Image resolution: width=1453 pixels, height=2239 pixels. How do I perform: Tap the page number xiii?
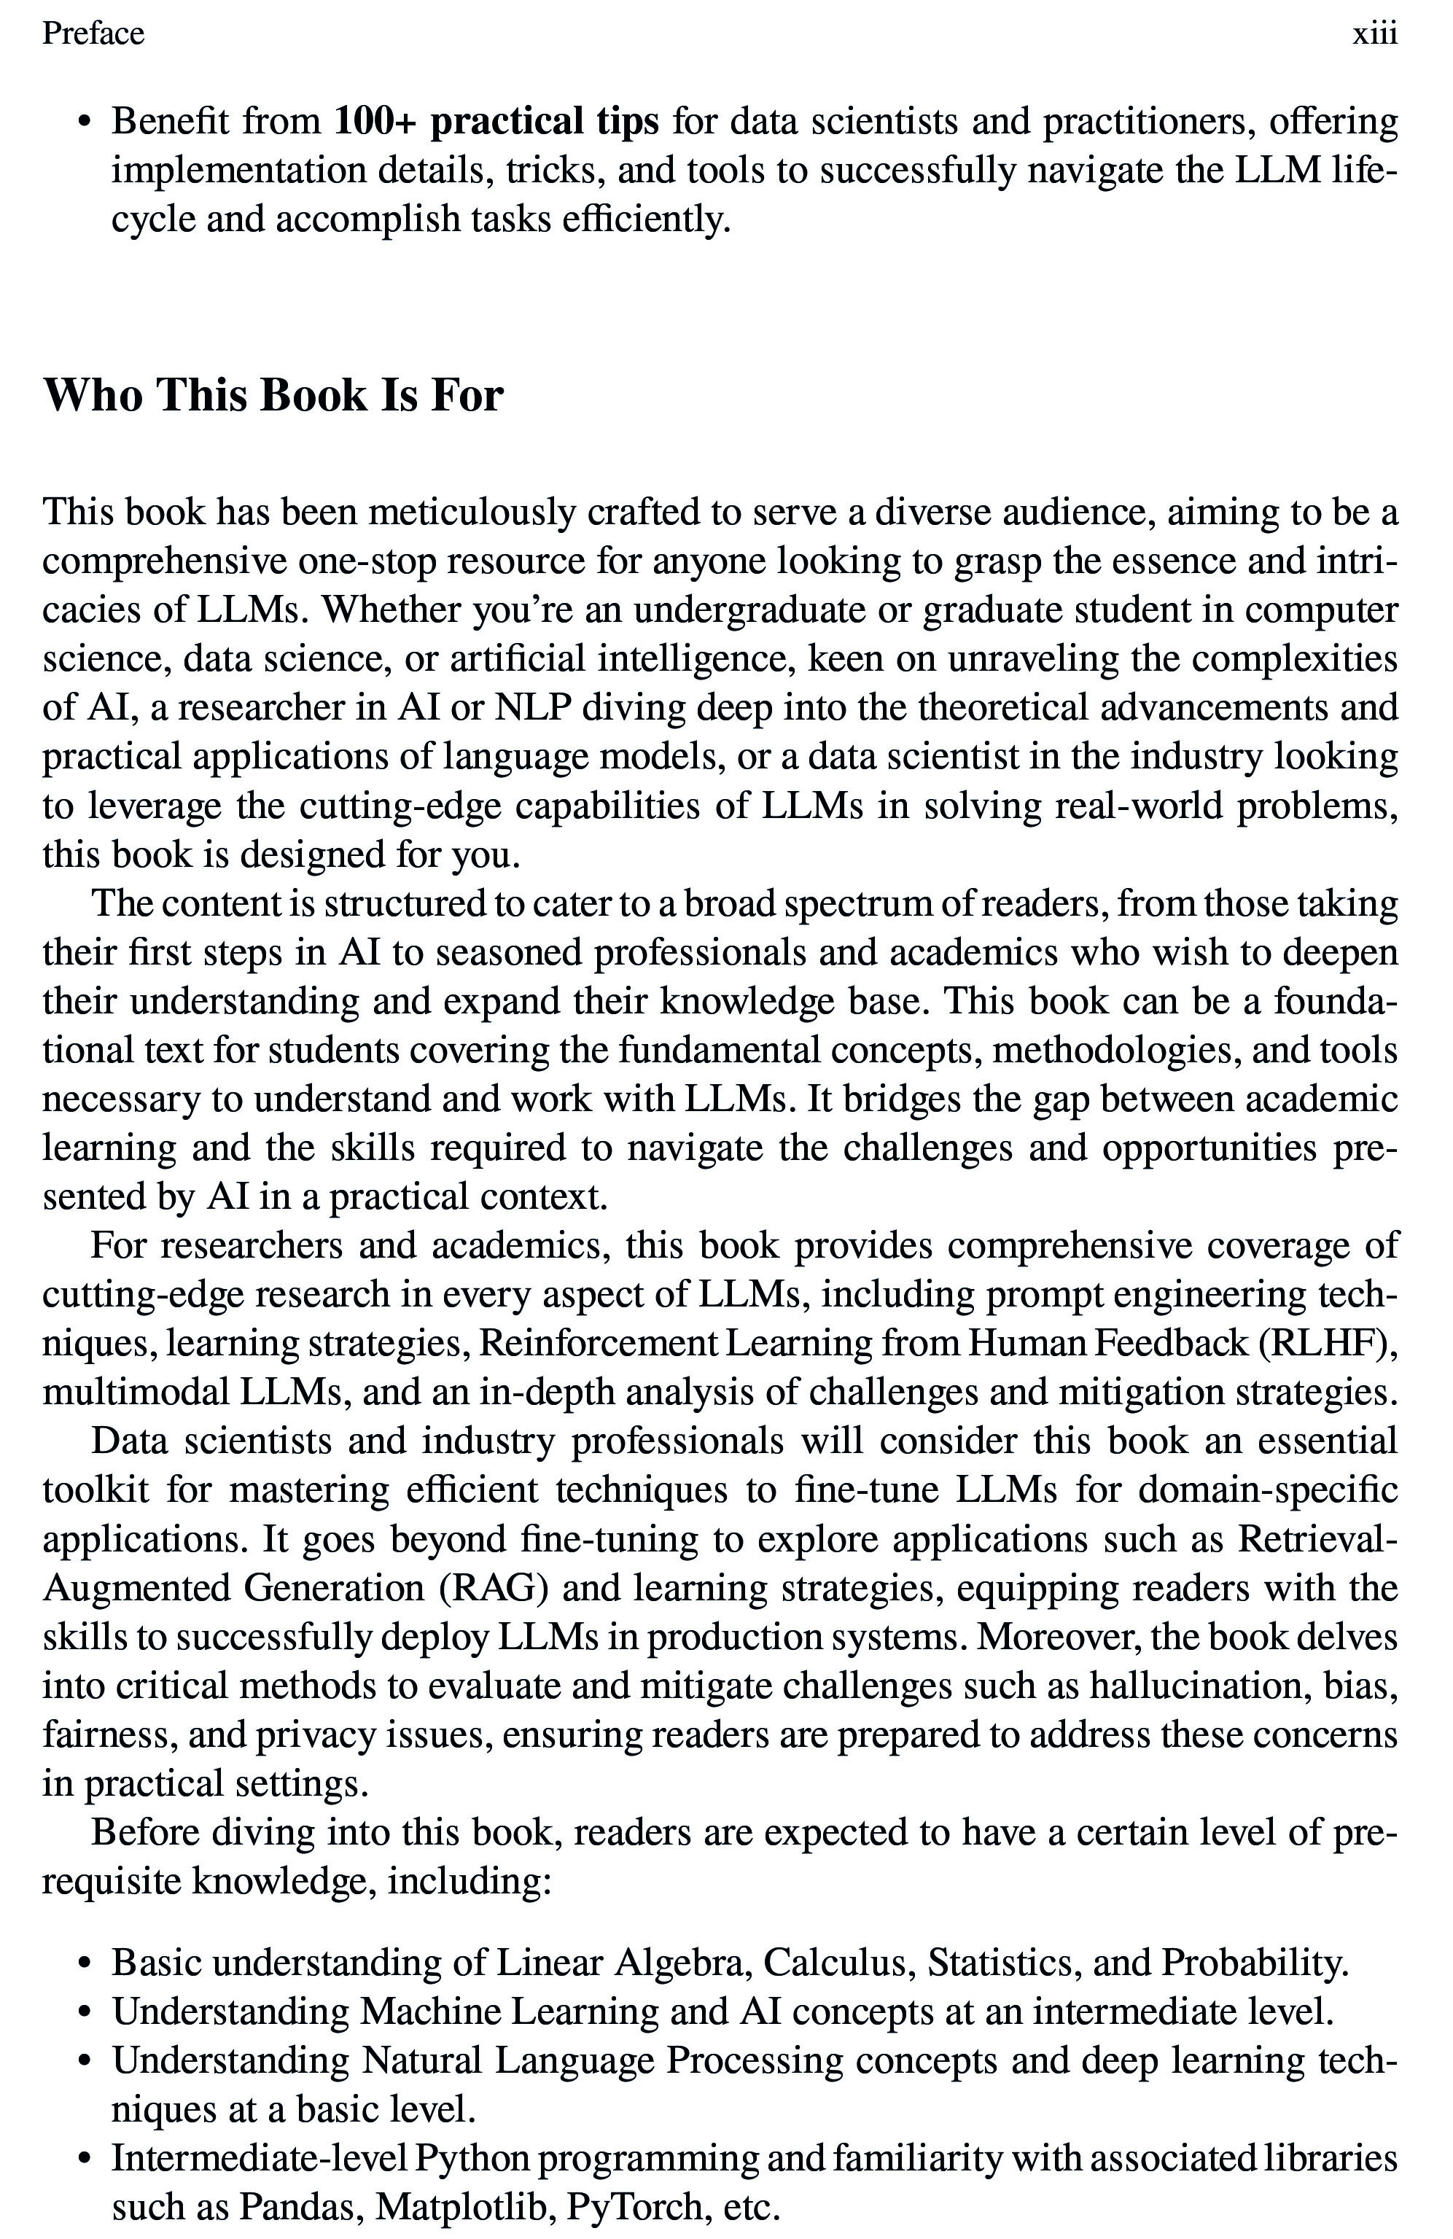point(1374,34)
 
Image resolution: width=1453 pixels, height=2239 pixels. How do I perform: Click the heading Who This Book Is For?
point(273,394)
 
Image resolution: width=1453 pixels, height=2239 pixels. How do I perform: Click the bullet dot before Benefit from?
point(85,122)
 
